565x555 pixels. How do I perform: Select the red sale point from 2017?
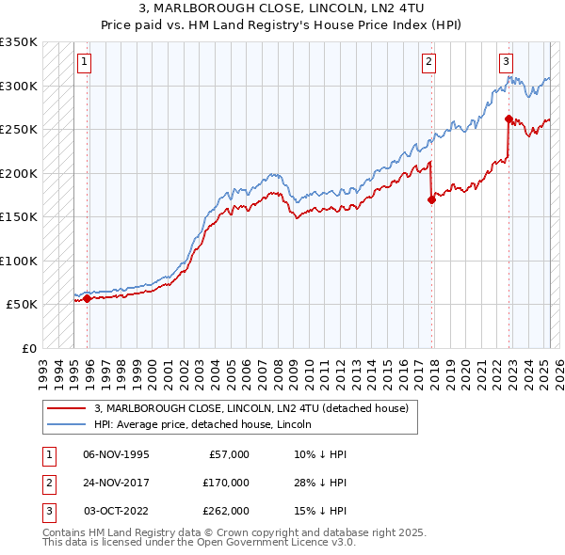tap(431, 199)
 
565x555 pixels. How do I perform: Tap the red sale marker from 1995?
tap(88, 298)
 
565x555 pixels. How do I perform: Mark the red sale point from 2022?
tap(508, 119)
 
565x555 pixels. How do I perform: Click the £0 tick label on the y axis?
tap(28, 348)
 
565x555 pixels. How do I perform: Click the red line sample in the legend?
tap(66, 409)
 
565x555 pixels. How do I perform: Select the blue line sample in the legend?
tap(66, 425)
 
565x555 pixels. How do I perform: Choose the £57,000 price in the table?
tap(227, 454)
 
